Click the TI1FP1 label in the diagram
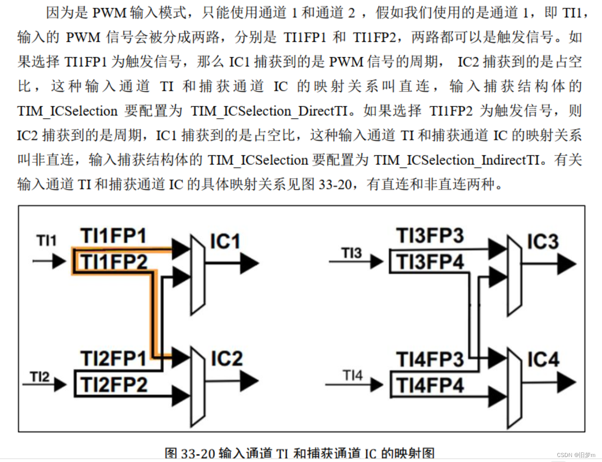pyautogui.click(x=114, y=236)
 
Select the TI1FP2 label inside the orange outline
pyautogui.click(x=114, y=262)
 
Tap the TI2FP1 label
pyautogui.click(x=114, y=358)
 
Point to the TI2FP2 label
pyautogui.click(x=114, y=385)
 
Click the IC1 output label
pyautogui.click(x=225, y=242)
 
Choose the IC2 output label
pyautogui.click(x=226, y=358)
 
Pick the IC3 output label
pyautogui.click(x=542, y=242)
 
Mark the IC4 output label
pyautogui.click(x=543, y=359)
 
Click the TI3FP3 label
pyautogui.click(x=430, y=236)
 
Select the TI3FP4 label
pyautogui.click(x=430, y=262)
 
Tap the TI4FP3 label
pyautogui.click(x=430, y=359)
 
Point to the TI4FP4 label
pyautogui.click(x=430, y=385)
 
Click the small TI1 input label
pyautogui.click(x=46, y=240)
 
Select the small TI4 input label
pyautogui.click(x=353, y=376)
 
